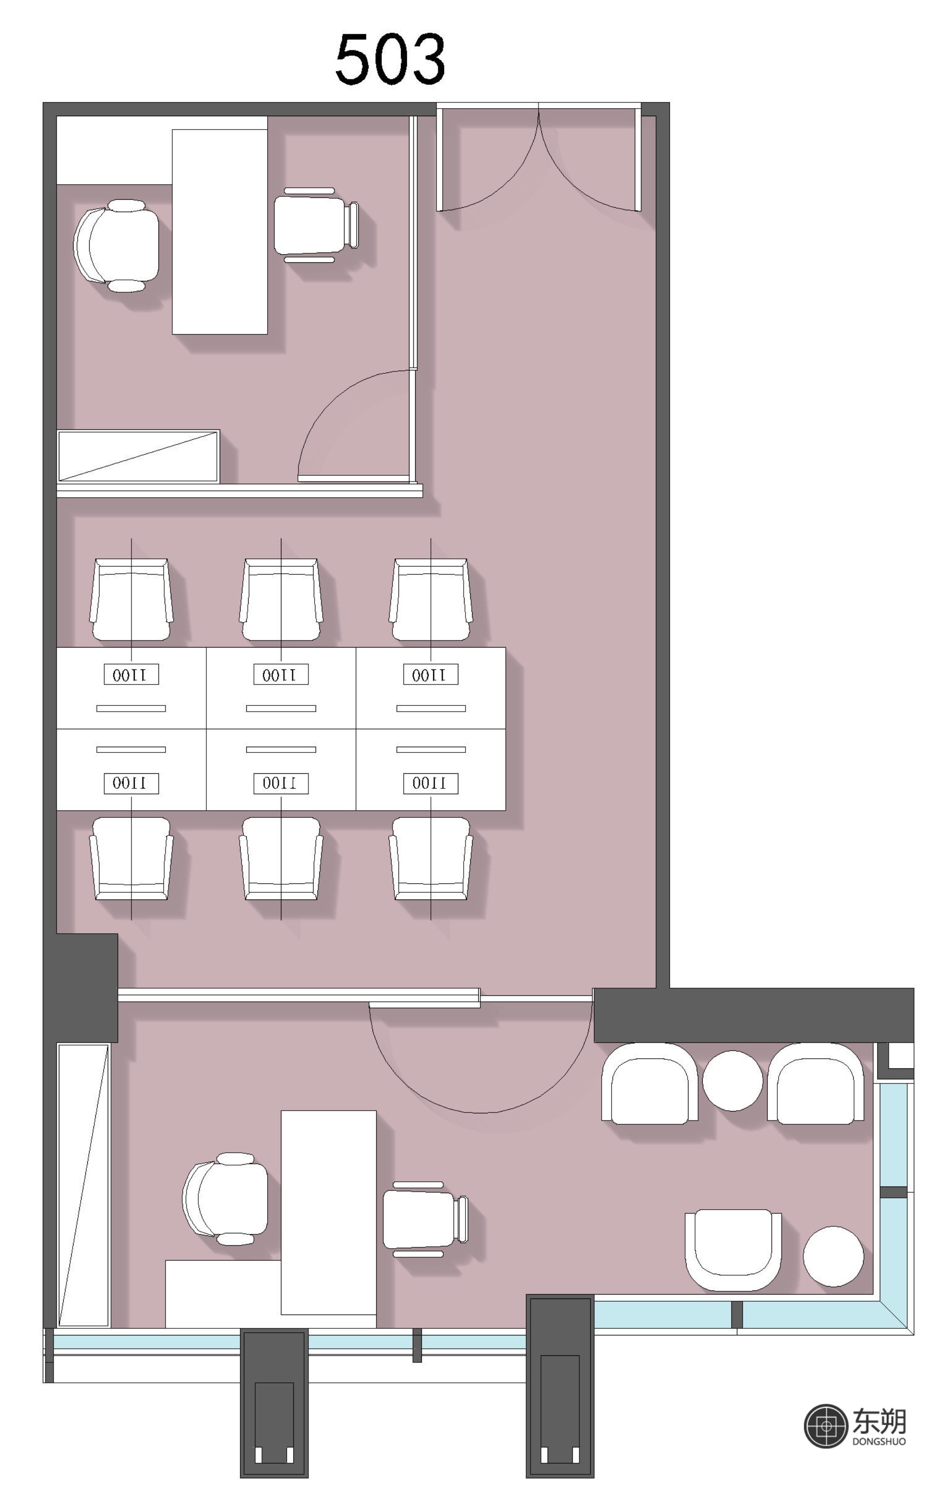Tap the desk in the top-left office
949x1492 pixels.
click(x=219, y=232)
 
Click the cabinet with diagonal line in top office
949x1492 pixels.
click(x=138, y=456)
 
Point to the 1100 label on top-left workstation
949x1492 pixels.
click(x=131, y=675)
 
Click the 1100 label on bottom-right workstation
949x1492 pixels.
click(x=431, y=784)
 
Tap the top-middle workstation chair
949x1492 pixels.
click(x=281, y=600)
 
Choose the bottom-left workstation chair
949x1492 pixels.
click(x=131, y=858)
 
